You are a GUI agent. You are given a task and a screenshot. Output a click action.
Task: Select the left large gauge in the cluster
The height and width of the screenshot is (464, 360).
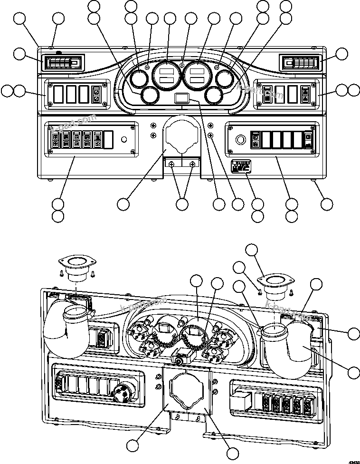[166, 75]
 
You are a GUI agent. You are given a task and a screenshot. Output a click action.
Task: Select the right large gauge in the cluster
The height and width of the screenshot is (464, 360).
[197, 75]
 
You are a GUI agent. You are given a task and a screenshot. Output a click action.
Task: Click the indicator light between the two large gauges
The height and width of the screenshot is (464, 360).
[182, 65]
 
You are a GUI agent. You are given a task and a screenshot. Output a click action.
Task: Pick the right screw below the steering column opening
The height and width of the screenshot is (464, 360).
[192, 164]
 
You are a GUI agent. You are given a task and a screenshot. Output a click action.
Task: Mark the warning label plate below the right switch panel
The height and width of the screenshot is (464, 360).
[239, 167]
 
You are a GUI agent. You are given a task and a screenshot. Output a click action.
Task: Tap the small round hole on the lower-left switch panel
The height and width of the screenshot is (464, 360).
[124, 140]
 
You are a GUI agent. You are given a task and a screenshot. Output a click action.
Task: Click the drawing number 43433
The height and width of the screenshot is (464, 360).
[353, 461]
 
